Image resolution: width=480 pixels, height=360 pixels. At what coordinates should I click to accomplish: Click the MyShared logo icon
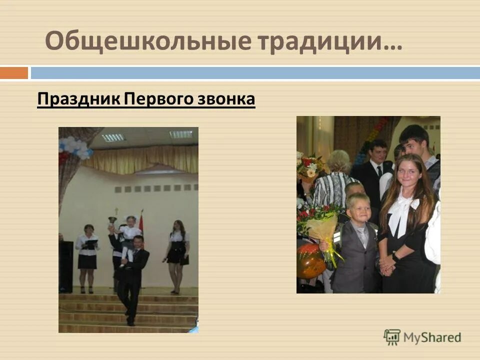392,337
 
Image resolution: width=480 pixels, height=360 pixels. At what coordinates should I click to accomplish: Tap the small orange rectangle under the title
13,73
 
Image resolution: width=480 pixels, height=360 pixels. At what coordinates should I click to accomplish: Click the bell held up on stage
112,220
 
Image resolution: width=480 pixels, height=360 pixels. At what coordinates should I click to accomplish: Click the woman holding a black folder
87,250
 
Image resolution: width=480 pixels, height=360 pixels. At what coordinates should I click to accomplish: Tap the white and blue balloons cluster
75,147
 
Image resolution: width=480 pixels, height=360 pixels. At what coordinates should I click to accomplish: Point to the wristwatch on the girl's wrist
395,255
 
